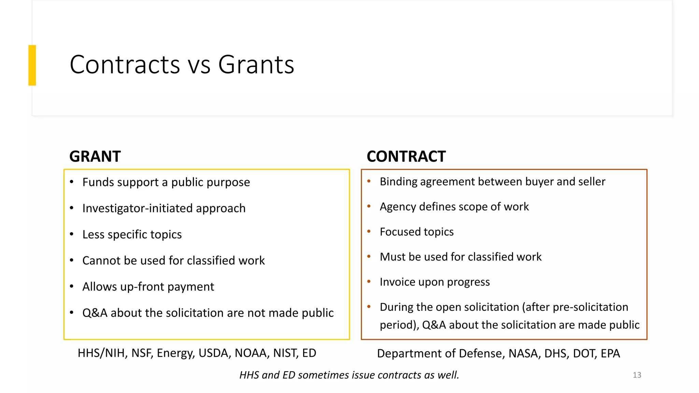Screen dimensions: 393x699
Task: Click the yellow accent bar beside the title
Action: point(32,65)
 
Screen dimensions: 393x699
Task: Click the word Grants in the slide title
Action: point(256,64)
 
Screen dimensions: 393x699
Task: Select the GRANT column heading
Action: point(95,157)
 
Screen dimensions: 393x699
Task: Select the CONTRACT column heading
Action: point(406,157)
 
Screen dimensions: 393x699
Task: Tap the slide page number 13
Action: point(637,375)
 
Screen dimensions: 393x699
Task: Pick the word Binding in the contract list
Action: point(398,181)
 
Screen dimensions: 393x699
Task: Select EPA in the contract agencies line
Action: point(610,353)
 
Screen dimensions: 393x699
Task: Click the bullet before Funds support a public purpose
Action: point(72,182)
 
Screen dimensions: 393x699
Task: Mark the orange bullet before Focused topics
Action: point(369,231)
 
